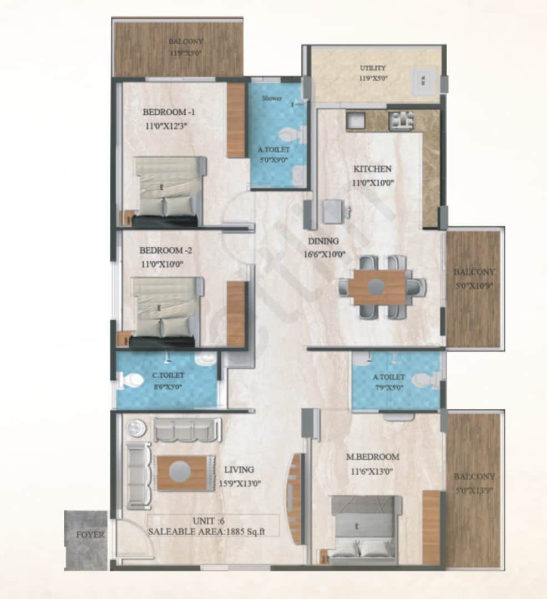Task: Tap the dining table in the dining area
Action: [377, 287]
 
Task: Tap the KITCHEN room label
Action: [372, 169]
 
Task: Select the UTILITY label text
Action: [372, 68]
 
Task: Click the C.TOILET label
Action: [168, 375]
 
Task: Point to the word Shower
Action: [272, 98]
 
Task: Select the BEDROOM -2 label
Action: [165, 250]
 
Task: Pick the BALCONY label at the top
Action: [186, 41]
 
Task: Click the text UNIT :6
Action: [208, 520]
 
